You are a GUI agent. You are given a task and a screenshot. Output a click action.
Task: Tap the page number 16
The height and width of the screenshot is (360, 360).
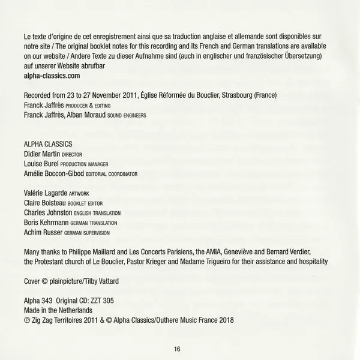click(x=177, y=349)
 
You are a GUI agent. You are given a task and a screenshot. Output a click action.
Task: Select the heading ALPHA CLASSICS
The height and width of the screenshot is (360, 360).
click(x=48, y=144)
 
